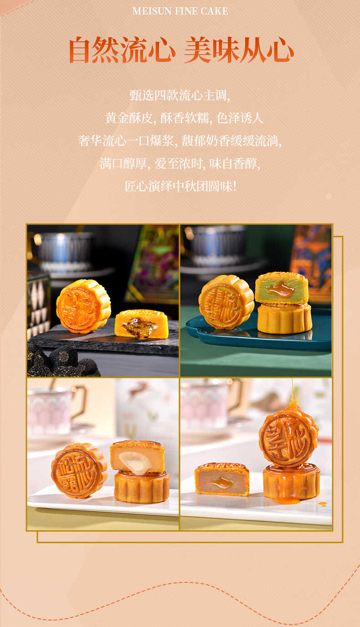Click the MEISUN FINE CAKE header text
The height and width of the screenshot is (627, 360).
pyautogui.click(x=180, y=11)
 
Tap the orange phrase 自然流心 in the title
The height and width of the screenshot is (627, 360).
pyautogui.click(x=122, y=50)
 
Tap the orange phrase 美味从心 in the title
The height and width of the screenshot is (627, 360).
pyautogui.click(x=239, y=50)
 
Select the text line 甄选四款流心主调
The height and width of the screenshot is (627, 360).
pyautogui.click(x=180, y=96)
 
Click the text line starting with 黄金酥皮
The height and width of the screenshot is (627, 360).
pyautogui.click(x=184, y=118)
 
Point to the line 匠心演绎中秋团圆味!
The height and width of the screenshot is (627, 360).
pyautogui.click(x=181, y=186)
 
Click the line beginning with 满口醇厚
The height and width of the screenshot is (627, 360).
pyautogui.click(x=180, y=163)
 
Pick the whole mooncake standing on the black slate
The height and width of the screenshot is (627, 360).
pyautogui.click(x=83, y=306)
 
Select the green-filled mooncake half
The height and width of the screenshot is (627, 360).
pyautogui.click(x=281, y=288)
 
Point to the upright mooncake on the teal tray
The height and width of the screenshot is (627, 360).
pyautogui.click(x=226, y=302)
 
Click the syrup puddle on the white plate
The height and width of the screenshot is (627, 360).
pyautogui.click(x=286, y=500)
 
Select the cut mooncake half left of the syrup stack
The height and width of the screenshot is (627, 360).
pyautogui.click(x=222, y=479)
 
